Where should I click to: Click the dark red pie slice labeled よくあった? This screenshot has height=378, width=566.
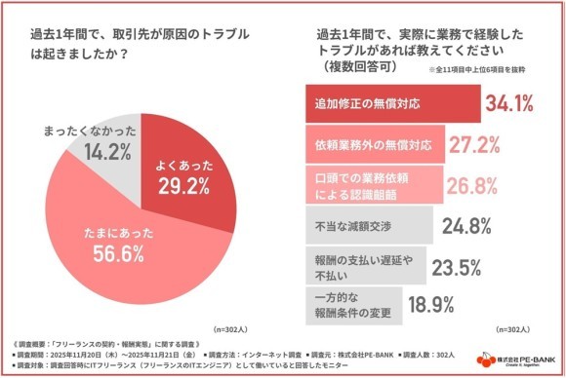(185, 166)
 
